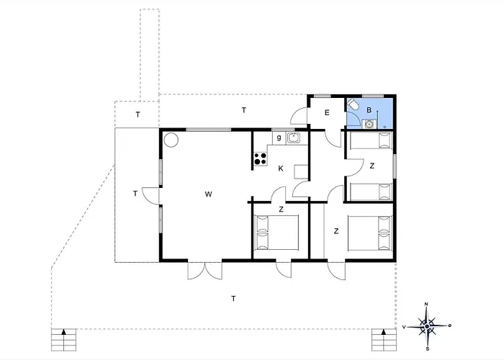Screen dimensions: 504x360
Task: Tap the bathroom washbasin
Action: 369,123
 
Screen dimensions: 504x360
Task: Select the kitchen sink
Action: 294,138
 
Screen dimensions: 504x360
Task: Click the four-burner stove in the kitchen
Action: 261,159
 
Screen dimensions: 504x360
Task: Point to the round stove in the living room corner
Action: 171,140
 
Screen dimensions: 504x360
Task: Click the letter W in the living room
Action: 208,194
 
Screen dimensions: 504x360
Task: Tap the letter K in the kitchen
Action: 281,168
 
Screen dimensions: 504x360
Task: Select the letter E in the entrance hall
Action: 327,112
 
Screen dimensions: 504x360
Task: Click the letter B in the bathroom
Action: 369,110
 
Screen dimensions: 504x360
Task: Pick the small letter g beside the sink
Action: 279,138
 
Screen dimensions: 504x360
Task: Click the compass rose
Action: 426,326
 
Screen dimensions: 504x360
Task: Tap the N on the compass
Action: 426,304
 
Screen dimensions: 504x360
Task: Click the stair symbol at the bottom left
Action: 63,340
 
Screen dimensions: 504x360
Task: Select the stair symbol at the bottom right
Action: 384,340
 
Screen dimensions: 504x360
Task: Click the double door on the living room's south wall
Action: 204,271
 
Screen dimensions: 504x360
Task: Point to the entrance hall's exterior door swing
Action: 300,116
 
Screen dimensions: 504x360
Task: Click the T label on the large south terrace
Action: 233,299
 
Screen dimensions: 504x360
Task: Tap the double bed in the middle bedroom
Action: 276,233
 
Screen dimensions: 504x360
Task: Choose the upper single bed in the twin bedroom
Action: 371,141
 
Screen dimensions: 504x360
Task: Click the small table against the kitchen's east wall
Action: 301,171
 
